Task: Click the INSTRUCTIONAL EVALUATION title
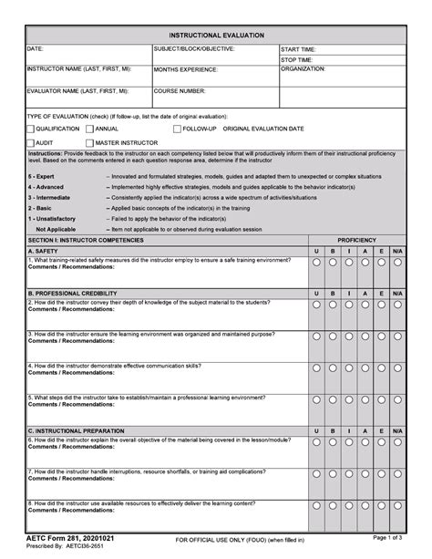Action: pos(216,34)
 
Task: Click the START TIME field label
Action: pos(298,49)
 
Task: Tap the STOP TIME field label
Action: pos(297,59)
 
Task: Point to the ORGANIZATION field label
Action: pos(303,69)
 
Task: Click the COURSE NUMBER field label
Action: pos(180,91)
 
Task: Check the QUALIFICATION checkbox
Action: pos(31,129)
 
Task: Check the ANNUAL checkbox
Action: pos(88,129)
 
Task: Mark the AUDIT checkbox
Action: pos(31,143)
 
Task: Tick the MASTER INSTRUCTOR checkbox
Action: pos(88,143)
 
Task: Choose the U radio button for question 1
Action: pos(316,263)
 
